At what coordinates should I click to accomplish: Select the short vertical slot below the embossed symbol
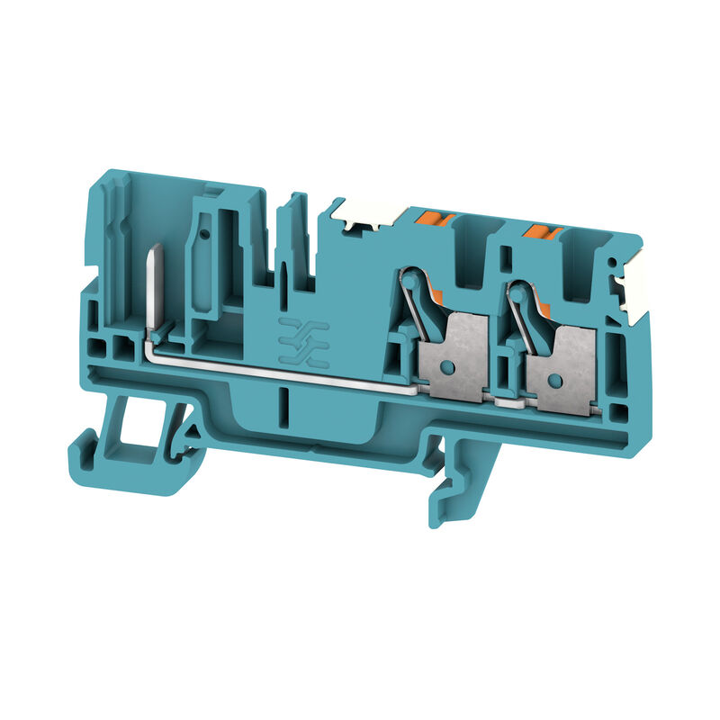pos(283,400)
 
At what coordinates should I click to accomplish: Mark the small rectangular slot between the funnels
pos(507,262)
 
